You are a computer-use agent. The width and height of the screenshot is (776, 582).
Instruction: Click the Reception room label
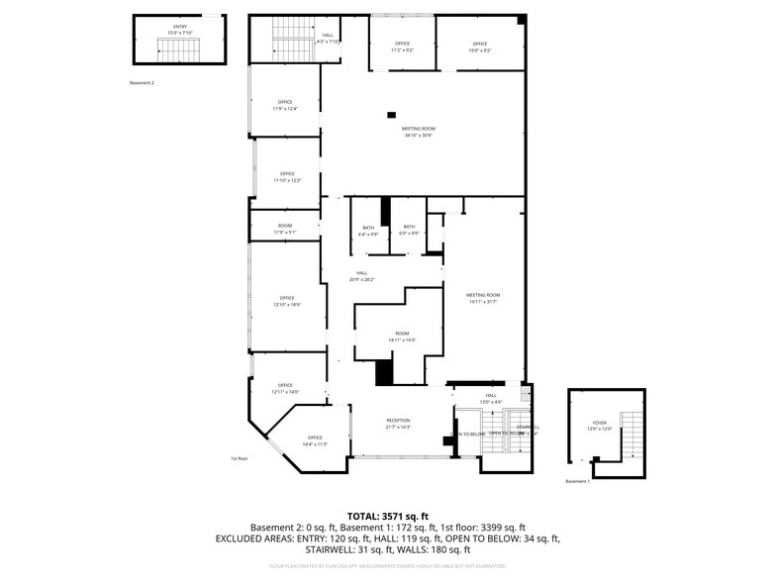pyautogui.click(x=398, y=423)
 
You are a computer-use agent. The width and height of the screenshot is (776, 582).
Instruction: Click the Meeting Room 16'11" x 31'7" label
pyautogui.click(x=484, y=298)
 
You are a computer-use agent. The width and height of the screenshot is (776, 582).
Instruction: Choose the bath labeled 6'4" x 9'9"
pyautogui.click(x=368, y=231)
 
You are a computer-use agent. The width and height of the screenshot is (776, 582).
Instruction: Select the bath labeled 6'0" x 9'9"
pyautogui.click(x=409, y=231)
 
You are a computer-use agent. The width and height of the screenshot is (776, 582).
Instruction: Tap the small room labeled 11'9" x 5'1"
pyautogui.click(x=285, y=229)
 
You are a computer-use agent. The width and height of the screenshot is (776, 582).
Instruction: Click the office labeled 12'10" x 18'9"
pyautogui.click(x=287, y=301)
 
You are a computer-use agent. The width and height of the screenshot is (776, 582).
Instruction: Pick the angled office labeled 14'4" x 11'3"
pyautogui.click(x=315, y=440)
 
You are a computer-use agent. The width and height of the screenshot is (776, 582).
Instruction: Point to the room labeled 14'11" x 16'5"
pyautogui.click(x=402, y=337)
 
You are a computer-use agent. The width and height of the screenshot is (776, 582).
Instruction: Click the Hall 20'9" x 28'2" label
pyautogui.click(x=362, y=276)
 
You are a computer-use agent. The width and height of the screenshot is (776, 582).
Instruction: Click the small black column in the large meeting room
pyautogui.click(x=392, y=114)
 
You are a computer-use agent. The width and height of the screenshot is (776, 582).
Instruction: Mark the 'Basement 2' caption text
pyautogui.click(x=142, y=83)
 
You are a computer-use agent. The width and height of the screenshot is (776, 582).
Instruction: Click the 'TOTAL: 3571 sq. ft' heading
pyautogui.click(x=387, y=516)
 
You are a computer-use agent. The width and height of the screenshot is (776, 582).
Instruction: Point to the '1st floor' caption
pyautogui.click(x=239, y=459)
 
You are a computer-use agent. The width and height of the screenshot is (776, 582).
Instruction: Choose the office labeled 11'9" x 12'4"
pyautogui.click(x=285, y=105)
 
